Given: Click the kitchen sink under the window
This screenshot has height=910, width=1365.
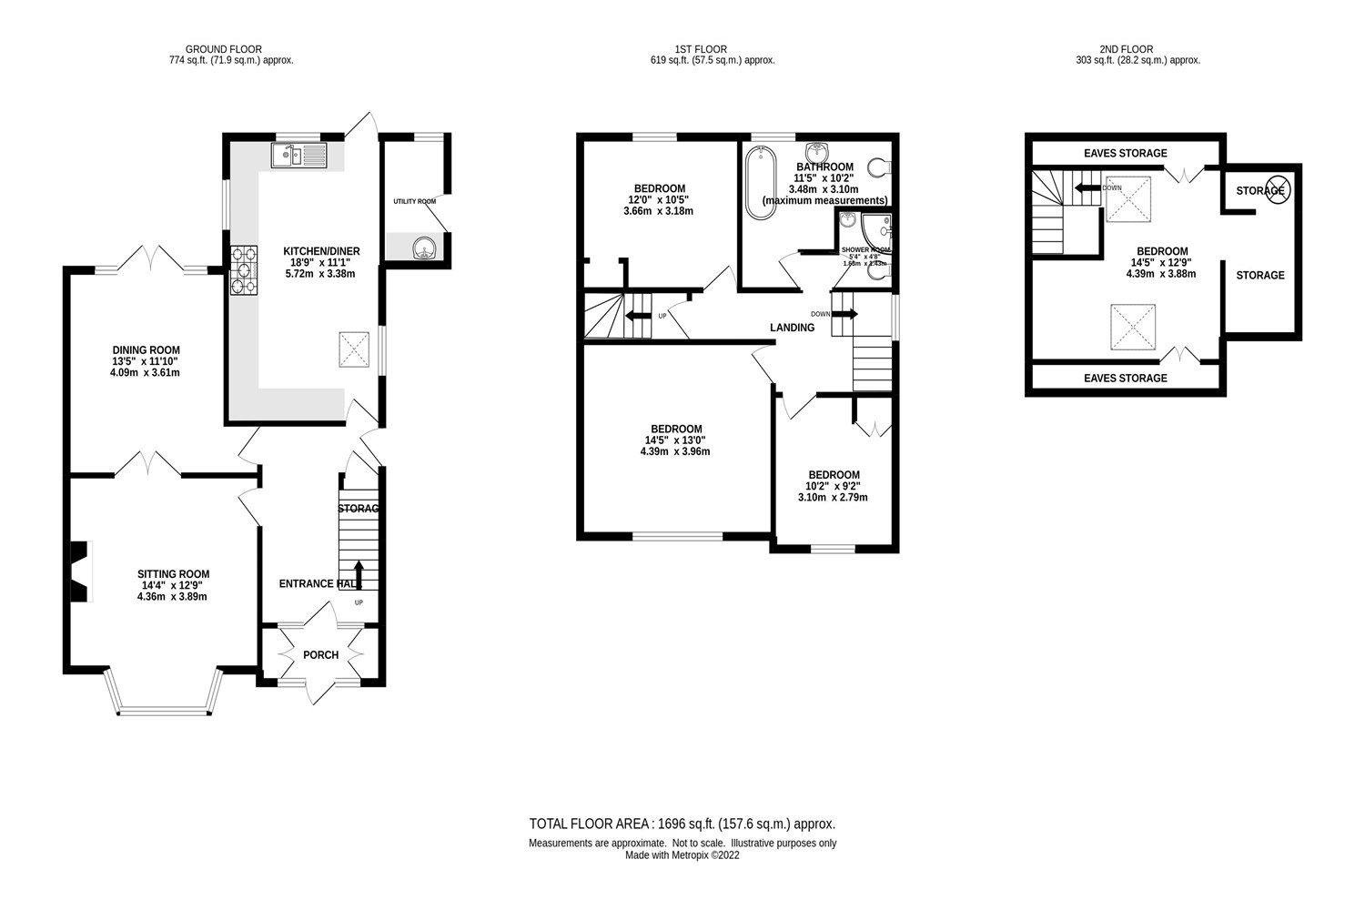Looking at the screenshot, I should click(298, 156).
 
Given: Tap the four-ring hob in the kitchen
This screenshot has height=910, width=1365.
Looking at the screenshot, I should click(245, 270).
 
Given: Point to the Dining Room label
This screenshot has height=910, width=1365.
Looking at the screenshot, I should click(146, 350).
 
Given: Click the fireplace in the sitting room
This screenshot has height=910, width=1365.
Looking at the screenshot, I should click(83, 572).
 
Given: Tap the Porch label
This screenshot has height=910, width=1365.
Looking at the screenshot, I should click(320, 655).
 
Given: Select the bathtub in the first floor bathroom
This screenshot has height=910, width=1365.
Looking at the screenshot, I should click(758, 181).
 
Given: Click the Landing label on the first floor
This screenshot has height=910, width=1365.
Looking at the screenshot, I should click(792, 328).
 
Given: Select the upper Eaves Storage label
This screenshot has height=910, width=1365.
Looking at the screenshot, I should click(1125, 154).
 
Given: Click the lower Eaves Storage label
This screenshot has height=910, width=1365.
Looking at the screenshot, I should click(1125, 379).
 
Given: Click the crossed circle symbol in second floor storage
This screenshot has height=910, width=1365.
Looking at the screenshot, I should click(1276, 190).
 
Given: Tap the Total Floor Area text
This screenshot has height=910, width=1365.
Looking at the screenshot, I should click(682, 824).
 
